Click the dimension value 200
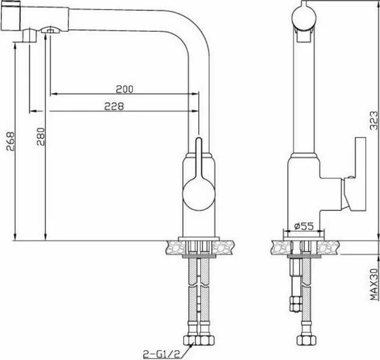pos(123,88)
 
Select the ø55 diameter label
pos(305,225)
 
